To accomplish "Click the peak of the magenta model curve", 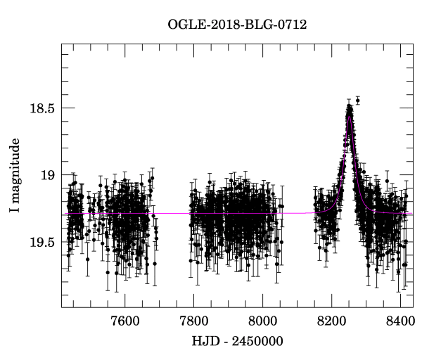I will tap(349, 117).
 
